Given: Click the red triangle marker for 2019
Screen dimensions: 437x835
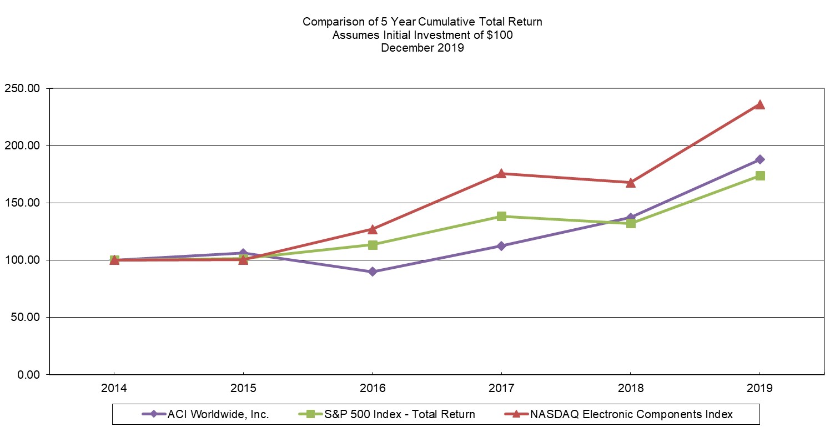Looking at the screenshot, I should [x=759, y=104].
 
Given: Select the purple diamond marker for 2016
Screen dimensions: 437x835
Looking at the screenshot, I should [x=373, y=272].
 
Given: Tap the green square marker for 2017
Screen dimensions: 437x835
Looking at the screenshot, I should [x=501, y=216].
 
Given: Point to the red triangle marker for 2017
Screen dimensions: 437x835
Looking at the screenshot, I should [x=501, y=174].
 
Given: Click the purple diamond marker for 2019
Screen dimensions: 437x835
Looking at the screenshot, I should [x=759, y=159].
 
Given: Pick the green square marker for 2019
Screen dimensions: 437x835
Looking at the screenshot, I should [x=759, y=175].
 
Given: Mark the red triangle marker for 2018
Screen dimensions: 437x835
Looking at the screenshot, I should [x=631, y=183].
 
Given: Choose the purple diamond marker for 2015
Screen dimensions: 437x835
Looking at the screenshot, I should [x=243, y=253].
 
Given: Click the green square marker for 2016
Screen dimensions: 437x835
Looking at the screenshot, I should [x=373, y=245].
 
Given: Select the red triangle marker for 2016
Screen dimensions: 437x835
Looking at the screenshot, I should [x=373, y=229].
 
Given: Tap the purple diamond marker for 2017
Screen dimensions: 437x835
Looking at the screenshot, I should [x=501, y=246].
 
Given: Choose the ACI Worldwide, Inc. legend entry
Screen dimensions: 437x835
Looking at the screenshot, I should [x=218, y=414].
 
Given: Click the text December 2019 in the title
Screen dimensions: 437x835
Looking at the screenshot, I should [x=422, y=48].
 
